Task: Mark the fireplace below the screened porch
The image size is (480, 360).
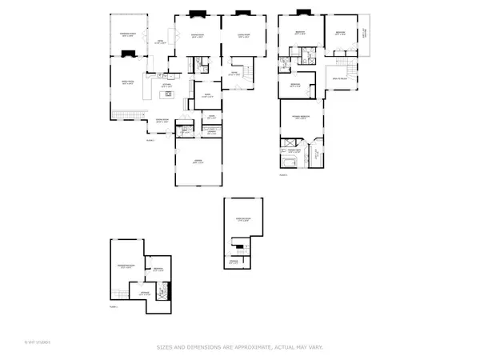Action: coord(126,54)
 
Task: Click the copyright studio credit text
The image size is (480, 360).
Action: coord(38,342)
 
